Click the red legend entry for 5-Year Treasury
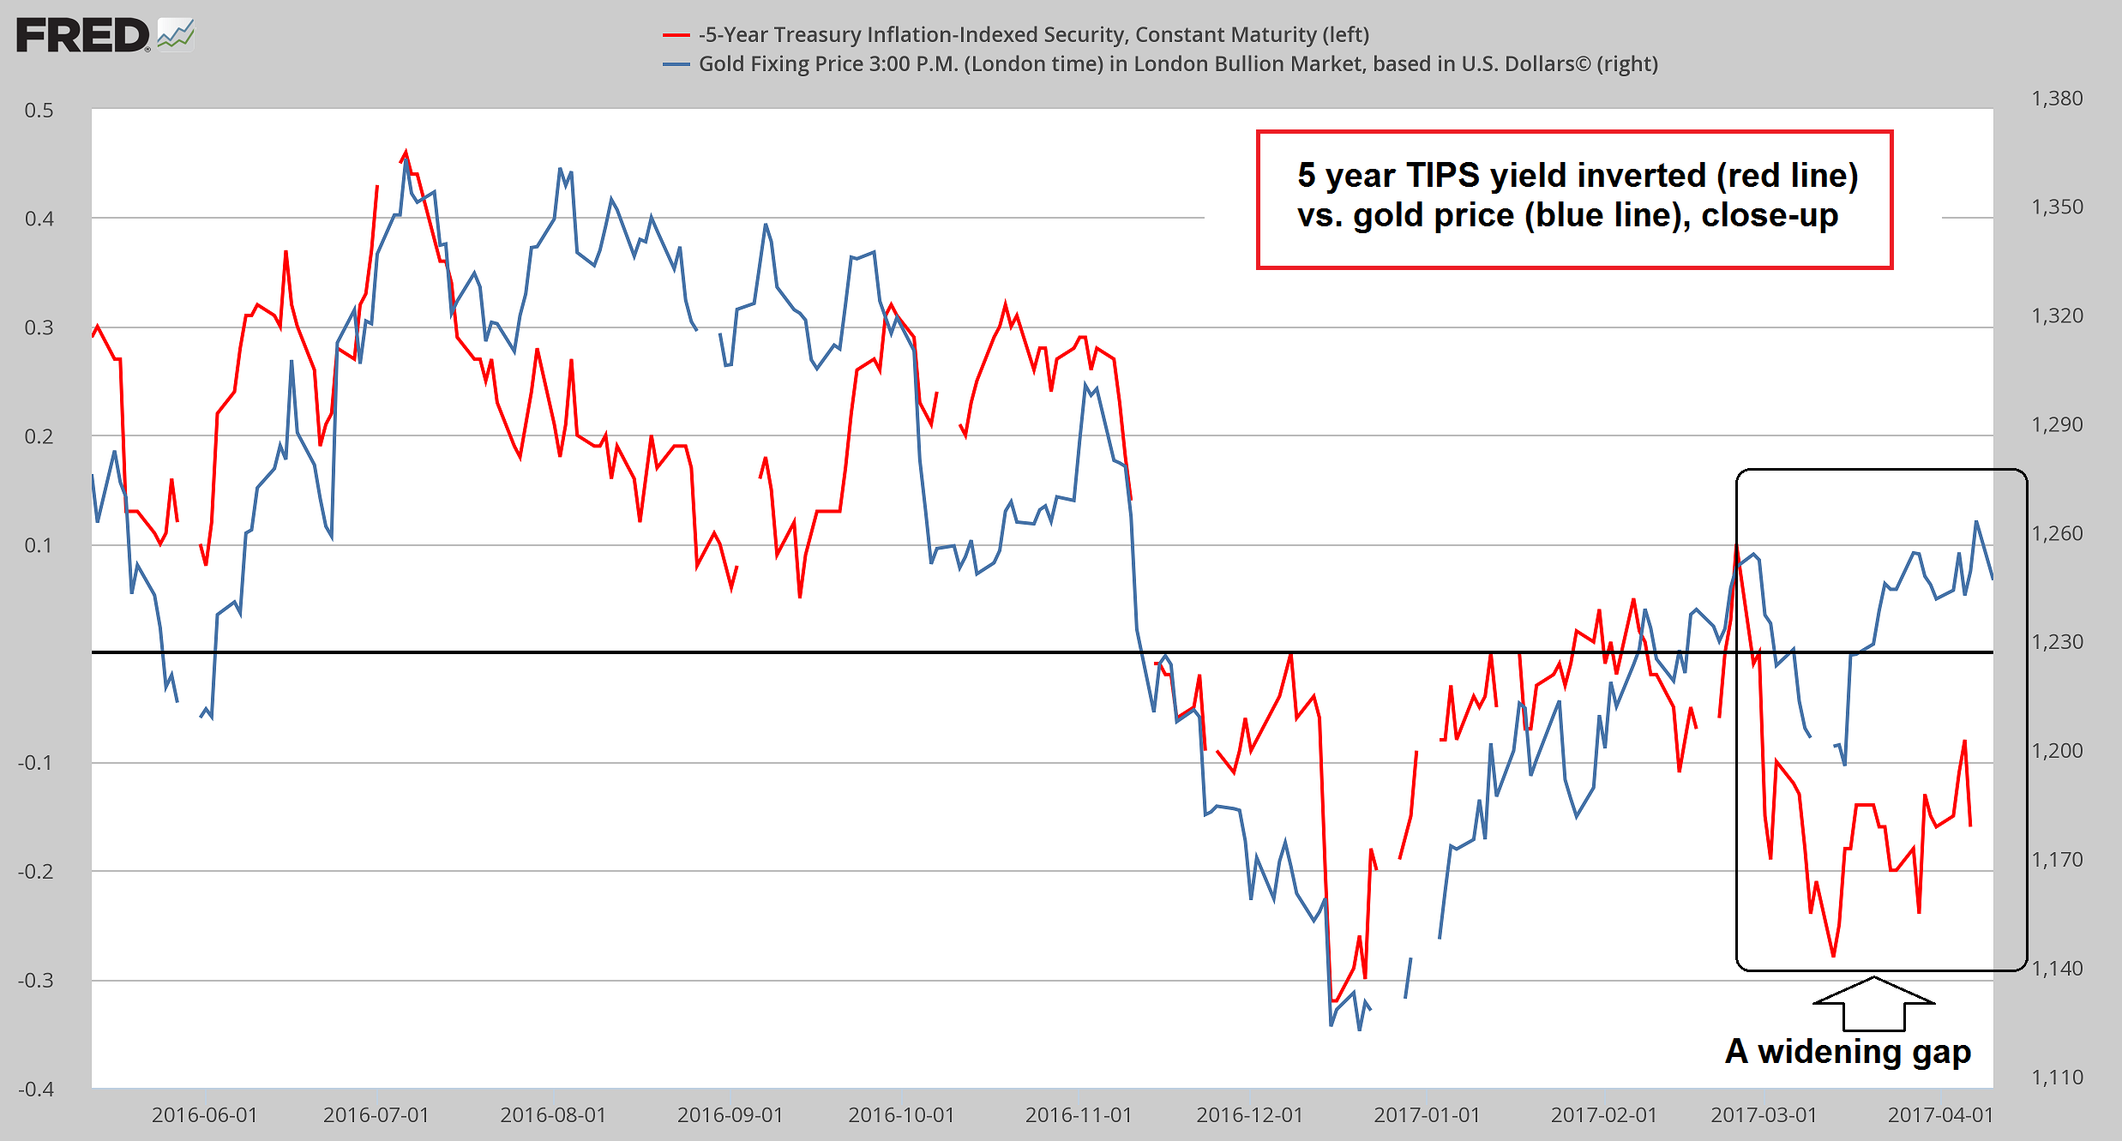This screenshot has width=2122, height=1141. (x=1032, y=35)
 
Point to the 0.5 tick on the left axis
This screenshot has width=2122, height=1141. (x=39, y=111)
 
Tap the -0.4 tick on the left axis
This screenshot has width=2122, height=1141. (x=36, y=1089)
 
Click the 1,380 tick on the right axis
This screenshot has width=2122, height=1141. (x=2057, y=99)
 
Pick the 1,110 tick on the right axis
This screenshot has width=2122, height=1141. (x=2057, y=1078)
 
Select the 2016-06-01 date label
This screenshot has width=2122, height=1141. (x=204, y=1115)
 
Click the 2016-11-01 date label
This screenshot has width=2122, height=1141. (x=1079, y=1115)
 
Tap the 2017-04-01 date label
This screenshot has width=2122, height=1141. (x=1941, y=1115)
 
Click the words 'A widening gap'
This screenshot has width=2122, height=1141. (x=1848, y=1052)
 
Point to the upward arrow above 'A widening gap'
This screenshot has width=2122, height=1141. (x=1874, y=1003)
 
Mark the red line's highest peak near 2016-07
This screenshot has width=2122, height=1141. (x=406, y=152)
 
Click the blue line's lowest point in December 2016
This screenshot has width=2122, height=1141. (x=1360, y=1029)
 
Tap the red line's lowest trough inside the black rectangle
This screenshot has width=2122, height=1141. (x=1833, y=956)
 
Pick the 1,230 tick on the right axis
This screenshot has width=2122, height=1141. (x=2057, y=642)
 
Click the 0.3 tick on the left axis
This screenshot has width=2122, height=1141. (x=39, y=327)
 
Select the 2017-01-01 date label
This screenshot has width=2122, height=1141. (x=1427, y=1115)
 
